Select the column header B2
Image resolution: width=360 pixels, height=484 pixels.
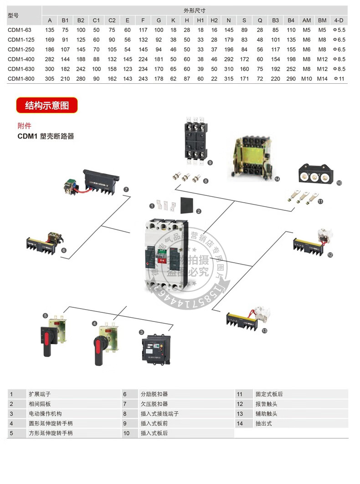pos(81,20)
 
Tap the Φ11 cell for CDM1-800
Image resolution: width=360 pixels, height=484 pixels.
pos(339,79)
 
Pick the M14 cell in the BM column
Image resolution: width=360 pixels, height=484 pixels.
pos(322,79)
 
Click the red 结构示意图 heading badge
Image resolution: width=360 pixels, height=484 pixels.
pos(47,106)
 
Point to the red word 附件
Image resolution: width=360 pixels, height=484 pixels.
pos(25,126)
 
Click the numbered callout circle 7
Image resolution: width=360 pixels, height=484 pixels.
pos(126,189)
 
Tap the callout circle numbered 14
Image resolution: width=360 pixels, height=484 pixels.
pos(277,179)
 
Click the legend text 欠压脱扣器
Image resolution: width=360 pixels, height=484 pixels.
pos(154,404)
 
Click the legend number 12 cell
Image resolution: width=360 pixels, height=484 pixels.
pos(240,404)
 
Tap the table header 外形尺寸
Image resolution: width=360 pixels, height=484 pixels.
pos(191,10)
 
